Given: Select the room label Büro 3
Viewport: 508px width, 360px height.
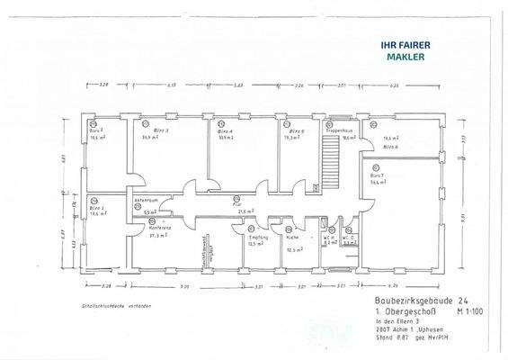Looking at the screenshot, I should pyautogui.click(x=149, y=131).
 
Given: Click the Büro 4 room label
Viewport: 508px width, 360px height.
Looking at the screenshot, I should pyautogui.click(x=226, y=131).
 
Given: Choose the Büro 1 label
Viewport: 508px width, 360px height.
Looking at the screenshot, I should pyautogui.click(x=97, y=209).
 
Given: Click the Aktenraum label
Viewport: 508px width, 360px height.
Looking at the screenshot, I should pyautogui.click(x=147, y=200).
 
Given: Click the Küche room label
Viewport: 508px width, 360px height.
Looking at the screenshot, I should pyautogui.click(x=291, y=238).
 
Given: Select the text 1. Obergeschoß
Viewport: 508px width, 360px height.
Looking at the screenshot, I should pyautogui.click(x=402, y=310).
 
